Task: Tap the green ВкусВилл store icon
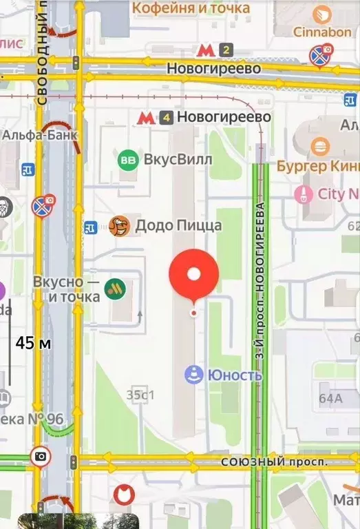pos(127,160)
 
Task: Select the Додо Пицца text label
pos(178,225)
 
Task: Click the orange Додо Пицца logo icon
pos(119,225)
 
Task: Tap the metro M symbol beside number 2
pos(204,50)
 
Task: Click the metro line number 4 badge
pos(165,118)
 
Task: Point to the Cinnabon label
pos(322,32)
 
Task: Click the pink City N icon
pos(304,194)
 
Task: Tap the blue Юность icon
pos(193,375)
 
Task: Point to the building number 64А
pos(330,397)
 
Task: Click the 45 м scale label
pos(34,342)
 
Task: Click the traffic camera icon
pos(41,455)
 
